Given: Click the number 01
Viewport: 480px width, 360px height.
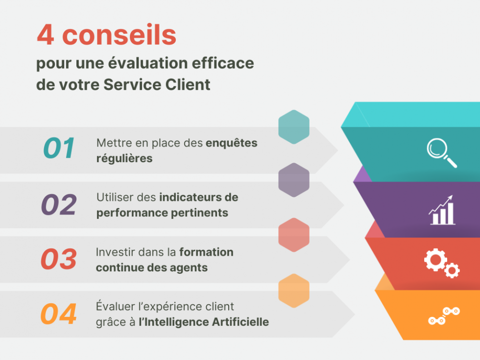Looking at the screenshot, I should coord(59,148).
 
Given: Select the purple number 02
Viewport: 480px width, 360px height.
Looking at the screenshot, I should coord(59,205).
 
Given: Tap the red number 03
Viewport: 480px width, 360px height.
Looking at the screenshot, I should coord(59,260).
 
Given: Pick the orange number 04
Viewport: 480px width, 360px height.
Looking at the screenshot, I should coord(59,314).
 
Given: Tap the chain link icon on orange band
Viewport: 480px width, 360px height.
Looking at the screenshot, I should coord(444,316).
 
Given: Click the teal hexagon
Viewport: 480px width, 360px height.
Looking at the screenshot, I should coord(294,127).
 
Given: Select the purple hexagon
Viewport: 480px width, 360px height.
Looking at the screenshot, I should coord(294,180).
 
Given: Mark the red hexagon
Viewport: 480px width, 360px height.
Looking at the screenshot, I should coord(294,235).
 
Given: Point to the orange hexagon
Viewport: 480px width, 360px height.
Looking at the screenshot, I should coord(294,290).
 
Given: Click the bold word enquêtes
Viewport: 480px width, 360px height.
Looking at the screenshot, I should coord(231,143).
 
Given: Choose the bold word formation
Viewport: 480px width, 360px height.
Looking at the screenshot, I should coord(206,252).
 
